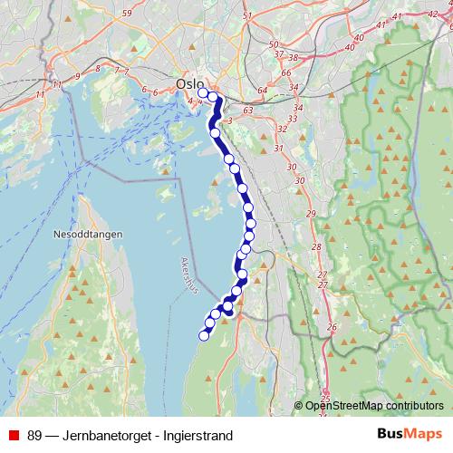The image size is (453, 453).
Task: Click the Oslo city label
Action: pos(190,83)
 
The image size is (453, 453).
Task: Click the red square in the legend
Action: pos(14,436)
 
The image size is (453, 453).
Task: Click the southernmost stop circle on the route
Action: pos(204,336)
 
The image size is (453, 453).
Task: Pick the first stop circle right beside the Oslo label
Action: pos(203,92)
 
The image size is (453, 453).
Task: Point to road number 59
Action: pos(127,14)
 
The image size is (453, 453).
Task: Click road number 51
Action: pos(247,16)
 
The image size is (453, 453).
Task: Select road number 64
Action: pos(262,90)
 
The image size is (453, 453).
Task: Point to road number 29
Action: pos(311,213)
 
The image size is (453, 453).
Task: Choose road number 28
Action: pos(316,247)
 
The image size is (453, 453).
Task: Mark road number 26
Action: pos(332,327)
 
